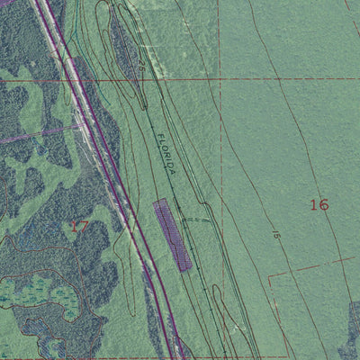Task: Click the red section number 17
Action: click(x=79, y=226)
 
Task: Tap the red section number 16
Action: click(x=319, y=204)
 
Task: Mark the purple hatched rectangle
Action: click(x=172, y=234)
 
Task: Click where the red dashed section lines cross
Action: click(x=218, y=79)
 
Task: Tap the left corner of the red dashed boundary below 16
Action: click(x=269, y=274)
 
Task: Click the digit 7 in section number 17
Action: click(x=84, y=226)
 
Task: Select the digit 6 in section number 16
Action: click(x=324, y=204)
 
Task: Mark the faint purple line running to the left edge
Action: click(x=27, y=138)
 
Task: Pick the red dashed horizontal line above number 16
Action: click(x=297, y=79)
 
